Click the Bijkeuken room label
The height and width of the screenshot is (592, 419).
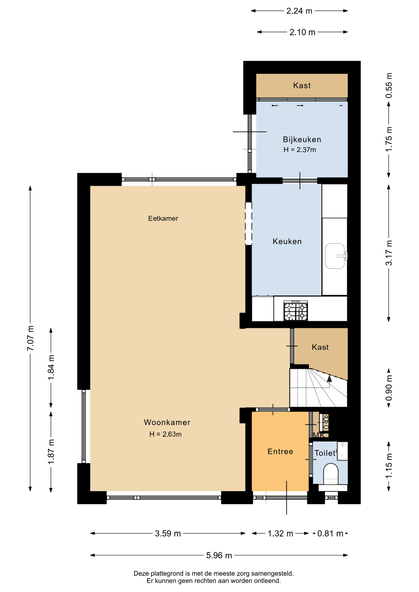coord(302,140)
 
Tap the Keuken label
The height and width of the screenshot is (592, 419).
coord(287,241)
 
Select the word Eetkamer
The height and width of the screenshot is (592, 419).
coord(163,219)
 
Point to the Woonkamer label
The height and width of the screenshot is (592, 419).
coord(167,422)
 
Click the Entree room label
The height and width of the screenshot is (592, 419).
coord(280,452)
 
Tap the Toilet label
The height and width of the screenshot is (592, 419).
coord(325,453)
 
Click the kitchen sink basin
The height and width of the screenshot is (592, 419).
coord(335,256)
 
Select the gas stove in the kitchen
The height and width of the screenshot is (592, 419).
coord(296,311)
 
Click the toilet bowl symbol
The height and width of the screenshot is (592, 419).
coord(330,474)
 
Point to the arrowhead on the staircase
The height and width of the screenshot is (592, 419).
coord(329,378)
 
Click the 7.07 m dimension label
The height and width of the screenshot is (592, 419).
coord(31,338)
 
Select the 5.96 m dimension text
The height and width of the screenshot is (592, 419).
coord(219,555)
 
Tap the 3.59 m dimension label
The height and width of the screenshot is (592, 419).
coord(168,533)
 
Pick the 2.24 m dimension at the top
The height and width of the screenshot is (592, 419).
coord(299,11)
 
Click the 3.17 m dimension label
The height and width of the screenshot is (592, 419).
coord(389,253)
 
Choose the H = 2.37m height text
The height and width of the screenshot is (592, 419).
coord(300,150)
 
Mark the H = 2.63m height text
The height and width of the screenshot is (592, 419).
coord(165,434)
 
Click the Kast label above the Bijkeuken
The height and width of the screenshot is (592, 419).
coord(302,85)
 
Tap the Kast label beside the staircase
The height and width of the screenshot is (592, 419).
coord(320,347)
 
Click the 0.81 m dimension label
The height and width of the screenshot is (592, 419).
coord(330,533)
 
